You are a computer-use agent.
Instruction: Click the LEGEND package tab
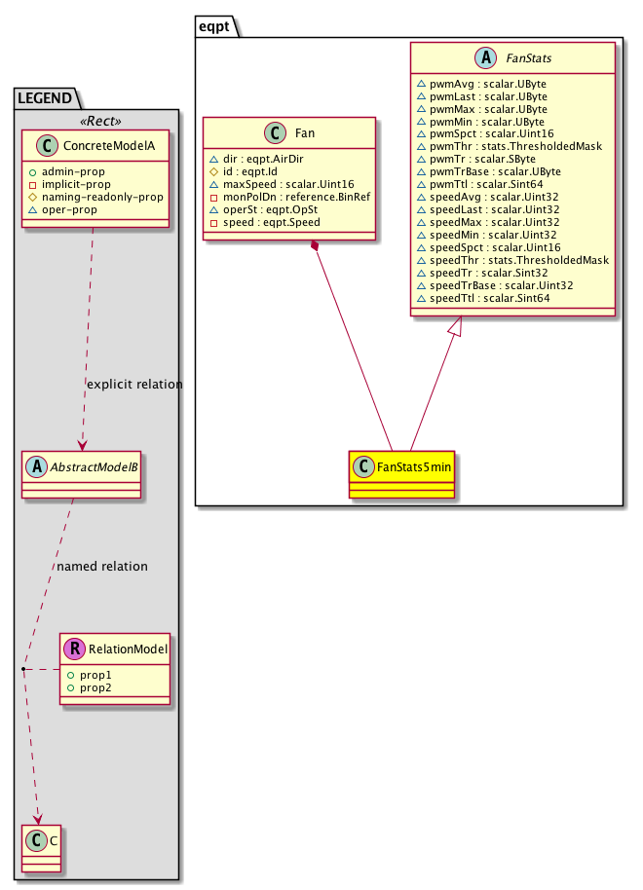48,96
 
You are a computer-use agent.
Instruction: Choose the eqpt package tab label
215,28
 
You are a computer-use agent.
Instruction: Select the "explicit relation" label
134,385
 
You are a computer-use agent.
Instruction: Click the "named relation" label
102,566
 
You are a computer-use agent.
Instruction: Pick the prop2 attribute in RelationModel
95,687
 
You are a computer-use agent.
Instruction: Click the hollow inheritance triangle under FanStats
461,329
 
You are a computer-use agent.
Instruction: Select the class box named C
40,846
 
